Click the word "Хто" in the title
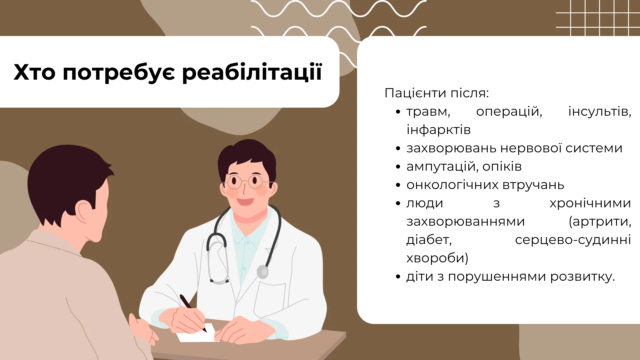(x=34, y=72)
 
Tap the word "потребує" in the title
(x=119, y=72)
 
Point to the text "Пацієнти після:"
(x=436, y=93)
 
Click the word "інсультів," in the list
(x=600, y=111)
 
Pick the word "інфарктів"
(x=438, y=130)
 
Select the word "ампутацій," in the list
(x=441, y=167)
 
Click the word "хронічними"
(x=590, y=203)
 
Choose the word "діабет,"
(x=429, y=240)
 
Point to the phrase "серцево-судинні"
(x=573, y=240)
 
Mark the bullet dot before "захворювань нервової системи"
(x=398, y=149)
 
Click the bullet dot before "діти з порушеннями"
(x=398, y=277)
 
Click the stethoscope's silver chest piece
(x=263, y=272)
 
